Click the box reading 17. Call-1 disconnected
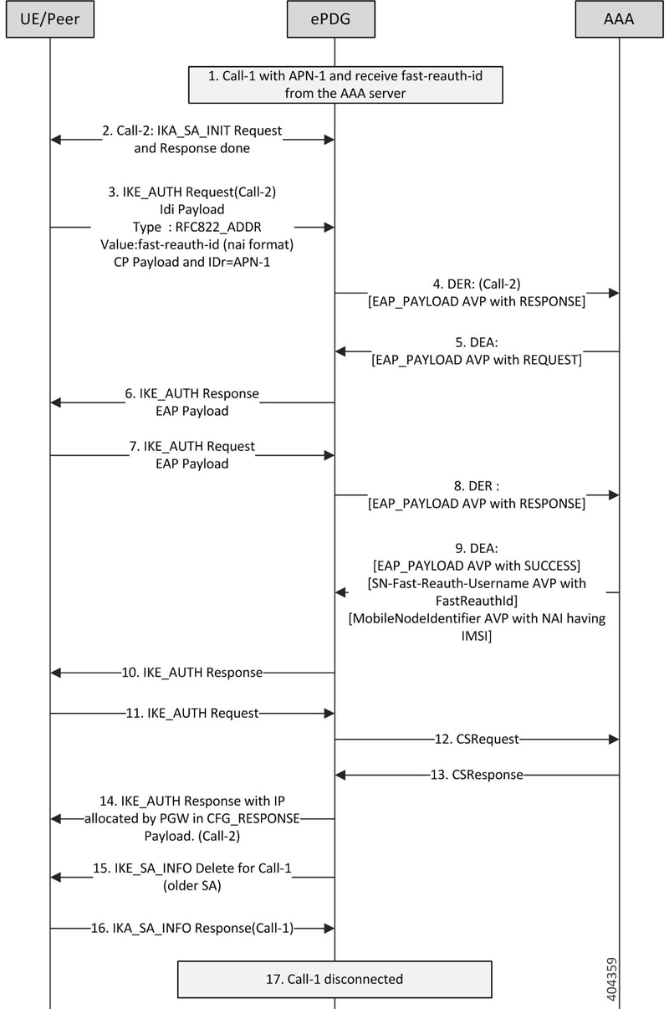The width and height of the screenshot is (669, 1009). coord(334,978)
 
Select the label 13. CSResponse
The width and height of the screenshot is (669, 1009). coord(477,775)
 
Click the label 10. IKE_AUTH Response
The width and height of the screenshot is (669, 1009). coord(192,672)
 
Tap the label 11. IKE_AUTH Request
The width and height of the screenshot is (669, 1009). coord(192,714)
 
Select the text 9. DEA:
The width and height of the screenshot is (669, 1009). coord(477,547)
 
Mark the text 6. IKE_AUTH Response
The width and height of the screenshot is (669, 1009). coord(192,392)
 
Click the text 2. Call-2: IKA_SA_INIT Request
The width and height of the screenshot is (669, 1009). coord(192,131)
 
